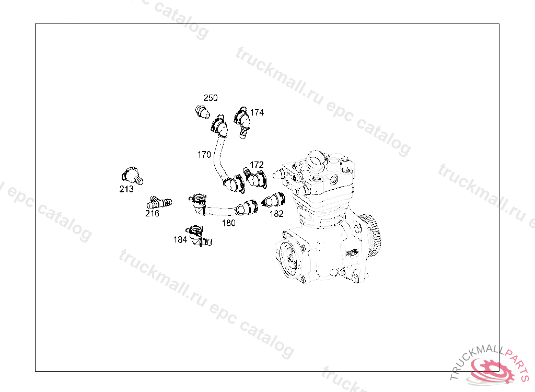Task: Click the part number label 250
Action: click(x=211, y=98)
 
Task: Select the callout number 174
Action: click(x=257, y=113)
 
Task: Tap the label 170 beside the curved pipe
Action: click(x=204, y=155)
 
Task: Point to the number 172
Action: click(x=257, y=165)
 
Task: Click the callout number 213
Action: click(x=126, y=189)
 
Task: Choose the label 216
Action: click(x=152, y=213)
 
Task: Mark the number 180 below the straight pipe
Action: click(x=229, y=223)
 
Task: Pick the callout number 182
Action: click(x=276, y=214)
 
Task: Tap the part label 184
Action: click(x=180, y=240)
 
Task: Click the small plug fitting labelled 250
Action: click(x=202, y=112)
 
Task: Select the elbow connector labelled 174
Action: click(x=242, y=122)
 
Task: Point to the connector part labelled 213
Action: click(x=132, y=176)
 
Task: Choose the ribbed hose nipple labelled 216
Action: click(x=159, y=202)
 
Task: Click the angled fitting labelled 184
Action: click(x=199, y=236)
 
